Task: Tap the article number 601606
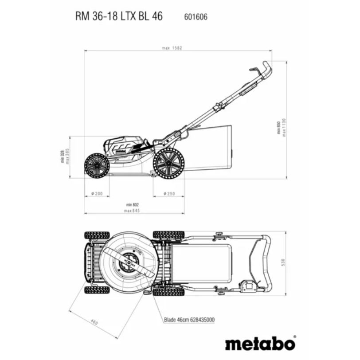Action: coord(196,17)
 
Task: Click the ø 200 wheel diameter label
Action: coord(96,194)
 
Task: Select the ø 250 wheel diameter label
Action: coord(168,194)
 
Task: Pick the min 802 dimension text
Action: coord(132,205)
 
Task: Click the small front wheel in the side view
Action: coord(96,166)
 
